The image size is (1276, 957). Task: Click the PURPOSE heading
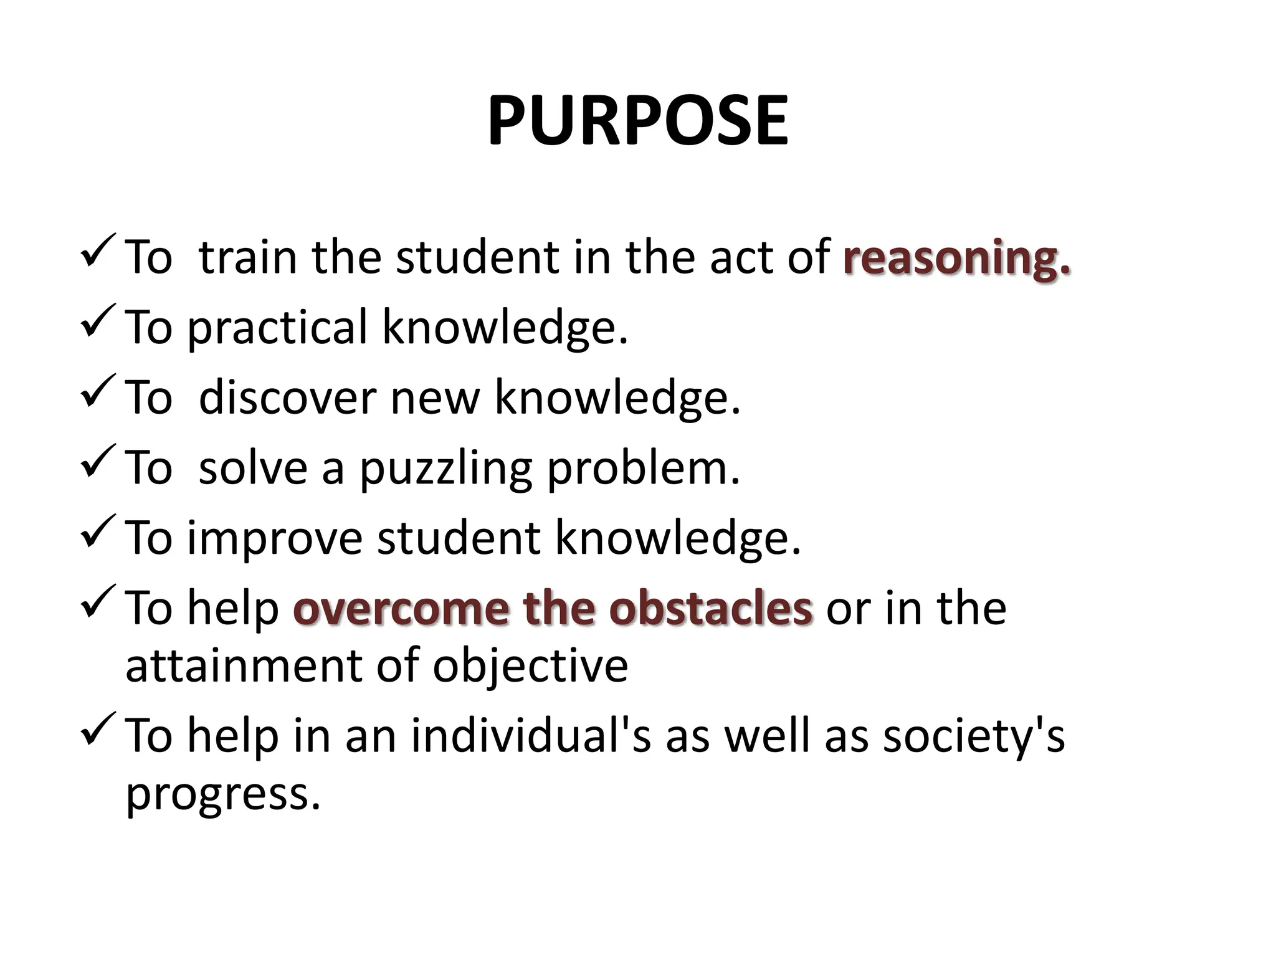637,121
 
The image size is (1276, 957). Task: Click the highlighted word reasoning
956,257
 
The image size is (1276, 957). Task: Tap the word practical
277,328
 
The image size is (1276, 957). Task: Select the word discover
287,398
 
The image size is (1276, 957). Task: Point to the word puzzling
445,469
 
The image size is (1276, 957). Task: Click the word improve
275,539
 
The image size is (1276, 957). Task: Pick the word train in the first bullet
247,257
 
